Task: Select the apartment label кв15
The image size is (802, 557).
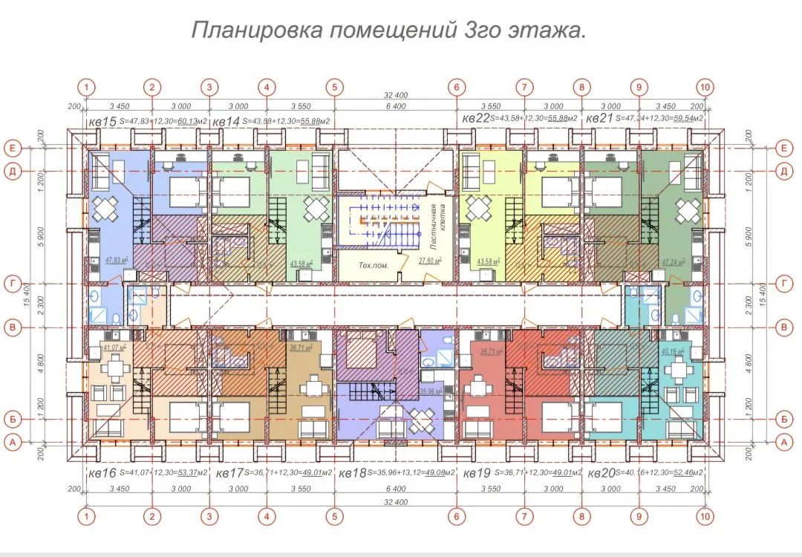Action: [x=102, y=120]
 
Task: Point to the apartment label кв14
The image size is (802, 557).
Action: [x=226, y=120]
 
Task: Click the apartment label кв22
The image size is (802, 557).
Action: [x=476, y=119]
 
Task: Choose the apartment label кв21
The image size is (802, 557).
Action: [x=600, y=119]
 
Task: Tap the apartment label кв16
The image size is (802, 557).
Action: [x=102, y=473]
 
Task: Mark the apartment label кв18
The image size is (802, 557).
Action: [x=353, y=473]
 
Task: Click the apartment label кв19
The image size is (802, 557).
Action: [x=477, y=473]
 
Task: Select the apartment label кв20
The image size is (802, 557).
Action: [x=602, y=473]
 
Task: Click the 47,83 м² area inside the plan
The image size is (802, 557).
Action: [x=117, y=261]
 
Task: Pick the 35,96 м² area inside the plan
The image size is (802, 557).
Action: [x=431, y=391]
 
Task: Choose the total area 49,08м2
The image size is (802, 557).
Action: [x=438, y=473]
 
